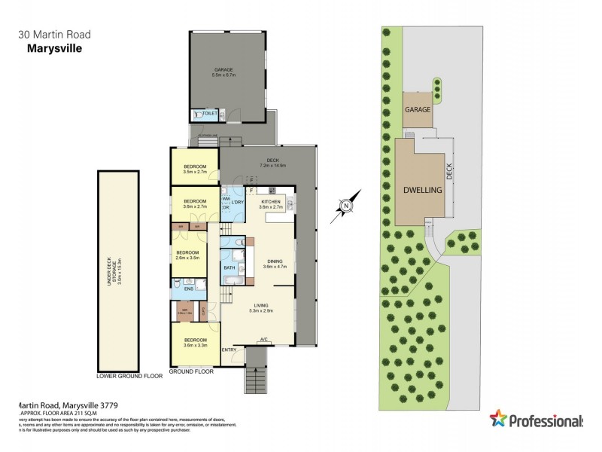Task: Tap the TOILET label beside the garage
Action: click(x=210, y=114)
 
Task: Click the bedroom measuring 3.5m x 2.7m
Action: click(x=195, y=168)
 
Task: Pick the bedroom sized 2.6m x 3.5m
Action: click(x=187, y=255)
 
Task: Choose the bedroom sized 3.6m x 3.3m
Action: click(x=195, y=342)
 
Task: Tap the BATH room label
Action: click(x=229, y=267)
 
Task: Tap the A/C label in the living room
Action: click(x=263, y=339)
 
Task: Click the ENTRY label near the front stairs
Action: click(x=230, y=350)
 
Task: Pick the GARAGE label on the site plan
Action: click(x=418, y=109)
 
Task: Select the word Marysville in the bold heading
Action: click(x=49, y=48)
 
